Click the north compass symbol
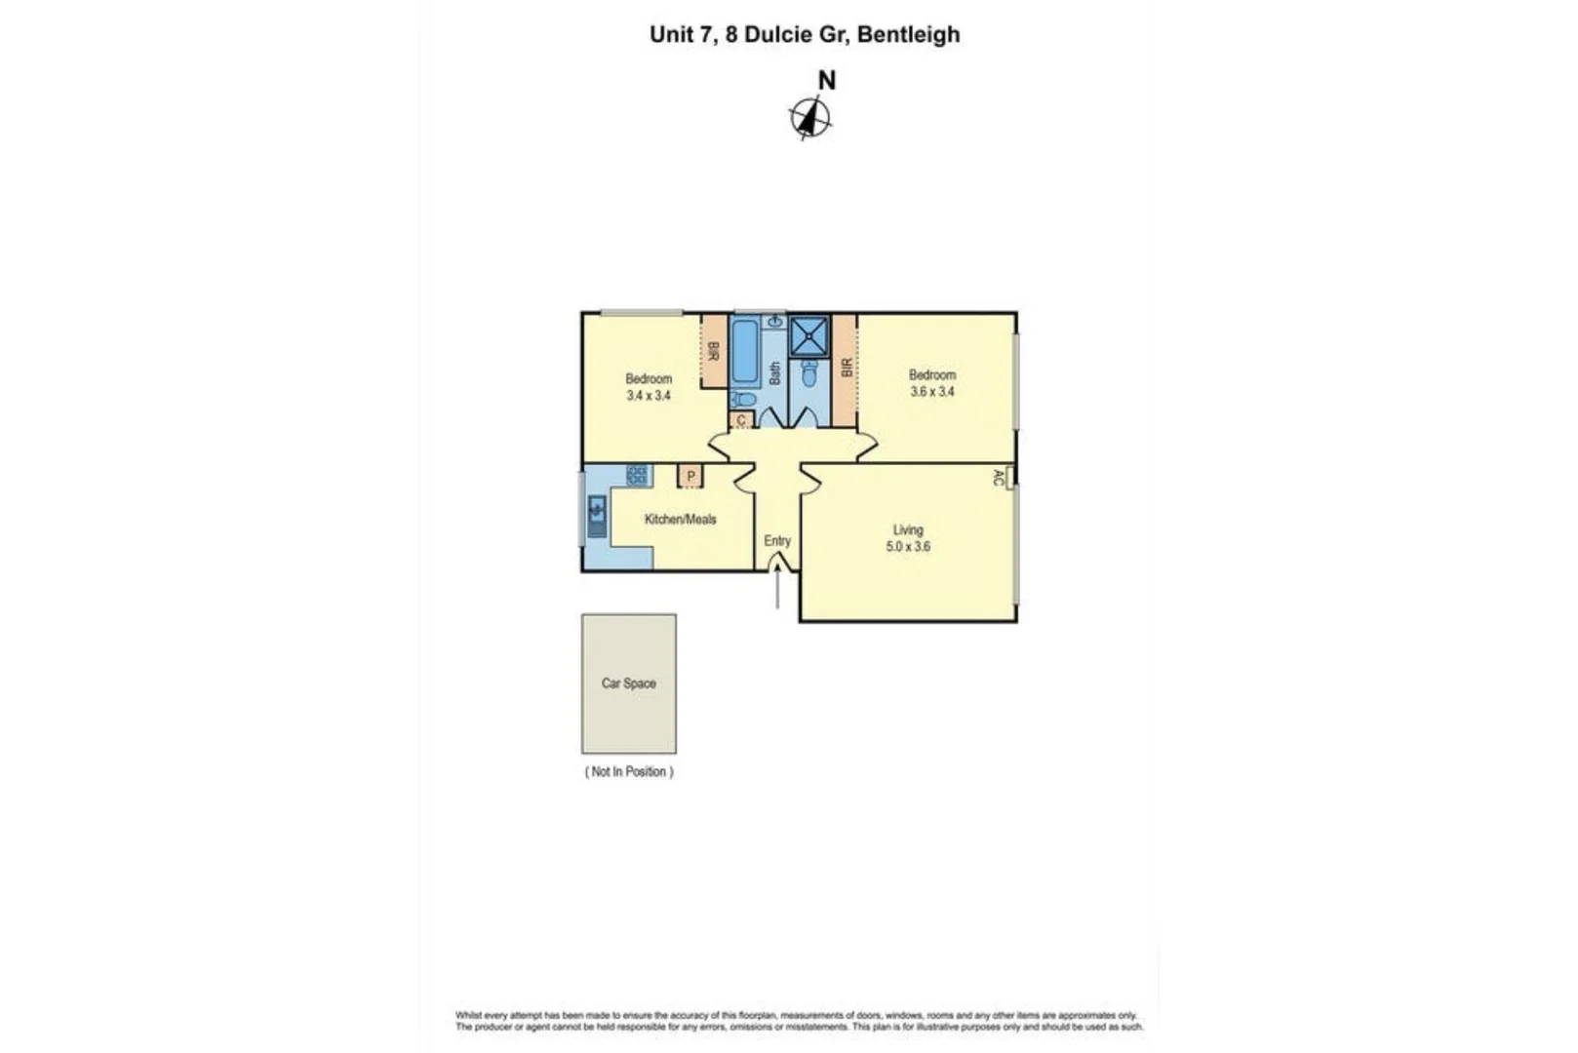point(809,119)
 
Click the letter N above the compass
point(826,81)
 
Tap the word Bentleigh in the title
point(908,35)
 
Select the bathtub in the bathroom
point(744,353)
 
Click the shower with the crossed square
point(809,336)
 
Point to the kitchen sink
point(597,514)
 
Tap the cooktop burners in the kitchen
point(637,475)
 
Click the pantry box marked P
point(690,476)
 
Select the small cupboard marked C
point(741,420)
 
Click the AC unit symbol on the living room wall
point(1009,476)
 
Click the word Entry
point(777,541)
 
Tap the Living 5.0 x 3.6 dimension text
point(908,547)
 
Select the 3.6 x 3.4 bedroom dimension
point(932,392)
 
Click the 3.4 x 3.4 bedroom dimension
point(649,396)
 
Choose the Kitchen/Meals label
point(680,520)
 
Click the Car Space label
point(628,683)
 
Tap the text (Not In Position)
point(629,771)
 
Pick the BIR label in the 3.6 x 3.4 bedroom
point(846,368)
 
